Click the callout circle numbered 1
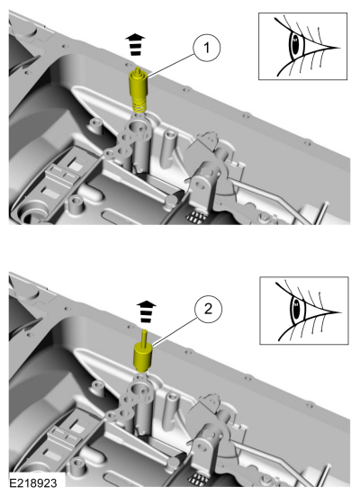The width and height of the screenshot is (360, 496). coord(207,48)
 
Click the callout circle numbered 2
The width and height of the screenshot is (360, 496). coord(208,309)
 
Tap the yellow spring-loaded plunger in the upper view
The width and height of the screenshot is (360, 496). coord(139,90)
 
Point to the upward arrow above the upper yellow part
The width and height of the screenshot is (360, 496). coord(135,45)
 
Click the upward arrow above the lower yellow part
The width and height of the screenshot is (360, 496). coord(146,311)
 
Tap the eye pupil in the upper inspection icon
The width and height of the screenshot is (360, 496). coord(295,45)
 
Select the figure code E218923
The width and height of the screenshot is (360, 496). coord(33,483)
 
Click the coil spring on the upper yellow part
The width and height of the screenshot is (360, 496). coord(139,104)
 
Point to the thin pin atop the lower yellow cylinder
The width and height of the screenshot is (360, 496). coord(145,338)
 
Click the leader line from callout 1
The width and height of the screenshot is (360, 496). coord(170,66)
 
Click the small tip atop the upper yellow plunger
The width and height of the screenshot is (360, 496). coord(138,70)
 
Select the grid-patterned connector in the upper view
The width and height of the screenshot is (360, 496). coord(195,217)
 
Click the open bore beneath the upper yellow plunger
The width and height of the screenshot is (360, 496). coord(139,127)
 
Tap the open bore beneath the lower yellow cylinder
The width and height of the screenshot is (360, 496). coord(139,389)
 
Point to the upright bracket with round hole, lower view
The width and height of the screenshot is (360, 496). coord(204,445)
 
